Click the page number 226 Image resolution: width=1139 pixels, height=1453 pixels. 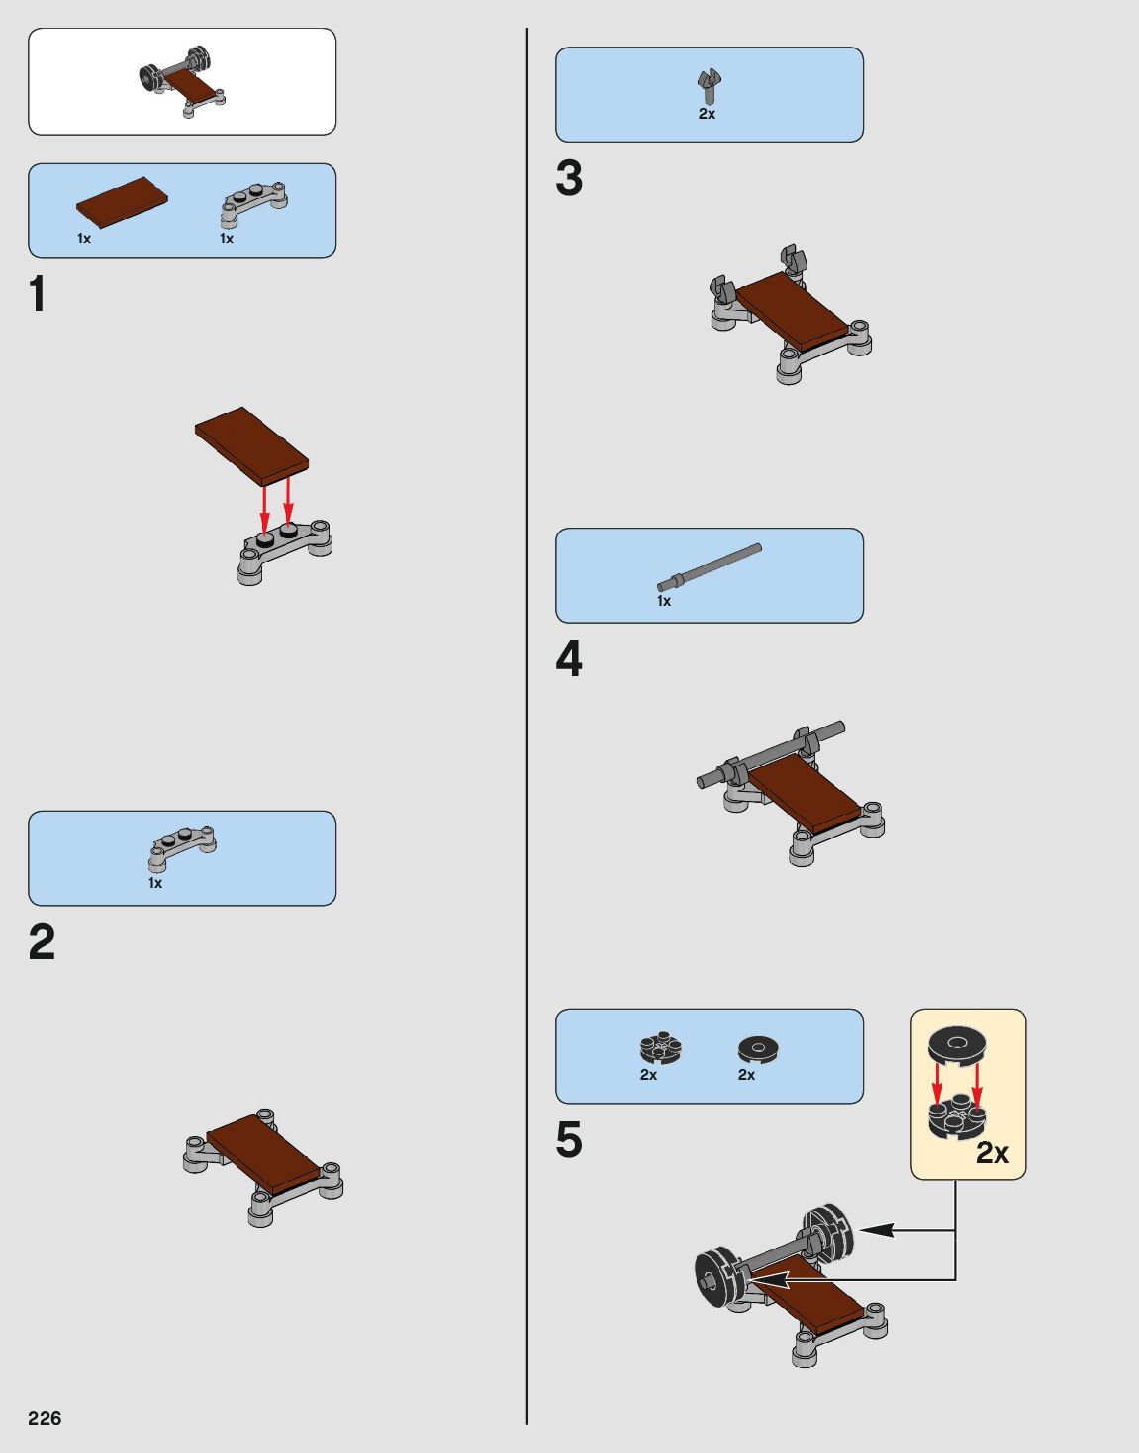tap(45, 1418)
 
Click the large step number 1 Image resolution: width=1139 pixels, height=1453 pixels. tap(38, 294)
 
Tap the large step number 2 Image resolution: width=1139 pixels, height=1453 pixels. tap(42, 942)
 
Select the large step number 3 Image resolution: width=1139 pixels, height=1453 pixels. tap(569, 179)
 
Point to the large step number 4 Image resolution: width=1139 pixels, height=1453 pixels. tap(569, 660)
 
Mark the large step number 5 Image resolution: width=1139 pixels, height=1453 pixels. tap(569, 1140)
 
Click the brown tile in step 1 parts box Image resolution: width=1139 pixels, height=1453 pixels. tap(122, 203)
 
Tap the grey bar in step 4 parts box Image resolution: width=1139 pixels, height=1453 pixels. tap(710, 567)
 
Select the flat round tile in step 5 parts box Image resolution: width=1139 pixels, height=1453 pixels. tap(758, 1049)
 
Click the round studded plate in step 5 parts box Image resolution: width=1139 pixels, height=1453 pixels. tap(661, 1048)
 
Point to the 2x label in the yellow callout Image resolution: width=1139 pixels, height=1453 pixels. tap(992, 1153)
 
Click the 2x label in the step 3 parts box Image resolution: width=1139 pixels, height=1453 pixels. tap(707, 115)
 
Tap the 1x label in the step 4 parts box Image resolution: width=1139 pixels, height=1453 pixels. tap(664, 601)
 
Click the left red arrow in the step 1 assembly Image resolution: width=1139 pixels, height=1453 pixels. tap(264, 511)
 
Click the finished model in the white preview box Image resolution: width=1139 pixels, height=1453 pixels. tap(182, 80)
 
